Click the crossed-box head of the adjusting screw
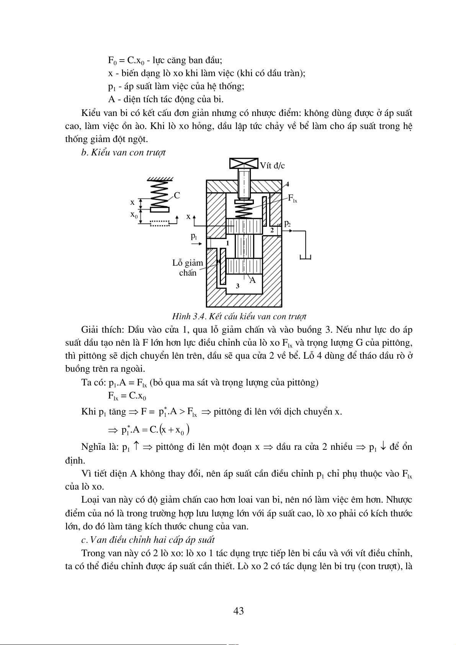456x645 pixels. (244, 163)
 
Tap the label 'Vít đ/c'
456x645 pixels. (272, 166)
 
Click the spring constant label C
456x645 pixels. (177, 196)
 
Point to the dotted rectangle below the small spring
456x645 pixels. (159, 223)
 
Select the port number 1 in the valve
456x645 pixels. (227, 243)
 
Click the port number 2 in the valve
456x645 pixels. (272, 230)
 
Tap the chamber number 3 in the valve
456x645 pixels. (238, 286)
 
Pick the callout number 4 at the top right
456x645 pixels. (287, 184)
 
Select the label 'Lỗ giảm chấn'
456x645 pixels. (188, 268)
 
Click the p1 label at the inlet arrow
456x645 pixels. (194, 236)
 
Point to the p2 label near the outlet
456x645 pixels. (287, 224)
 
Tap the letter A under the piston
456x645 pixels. (252, 280)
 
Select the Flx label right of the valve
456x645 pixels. (292, 198)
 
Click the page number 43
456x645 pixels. (239, 611)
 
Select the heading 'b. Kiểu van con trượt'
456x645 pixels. (123, 152)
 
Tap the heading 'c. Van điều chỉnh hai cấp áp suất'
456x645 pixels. (148, 540)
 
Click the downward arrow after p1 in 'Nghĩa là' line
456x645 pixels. (383, 447)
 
